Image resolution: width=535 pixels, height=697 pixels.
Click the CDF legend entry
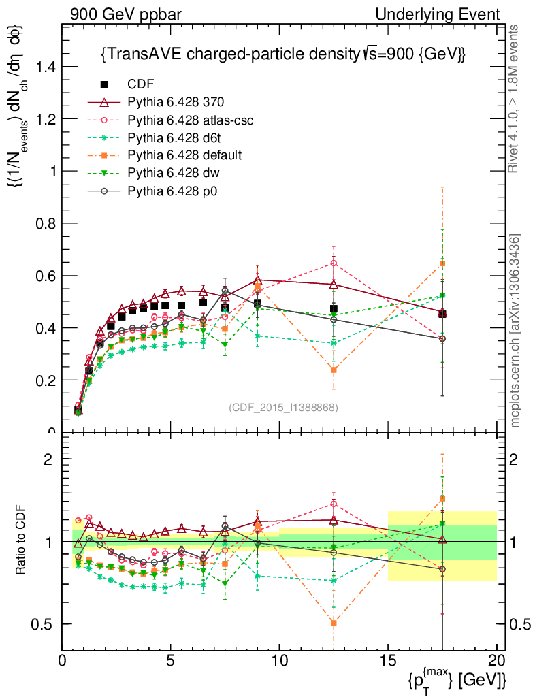(x=141, y=84)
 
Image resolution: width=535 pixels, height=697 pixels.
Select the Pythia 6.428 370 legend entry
(x=176, y=102)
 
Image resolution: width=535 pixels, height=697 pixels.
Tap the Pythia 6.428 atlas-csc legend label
(x=191, y=120)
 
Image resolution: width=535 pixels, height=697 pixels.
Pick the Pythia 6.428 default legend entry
(x=184, y=155)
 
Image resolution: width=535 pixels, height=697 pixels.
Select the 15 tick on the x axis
(x=388, y=660)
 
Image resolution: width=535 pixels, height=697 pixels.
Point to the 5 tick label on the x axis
(x=171, y=660)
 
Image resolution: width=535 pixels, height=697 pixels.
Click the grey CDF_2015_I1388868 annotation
(x=282, y=407)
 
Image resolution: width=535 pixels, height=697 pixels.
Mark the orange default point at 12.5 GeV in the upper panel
(x=334, y=370)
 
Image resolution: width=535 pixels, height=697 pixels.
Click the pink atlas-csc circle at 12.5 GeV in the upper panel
(x=334, y=263)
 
